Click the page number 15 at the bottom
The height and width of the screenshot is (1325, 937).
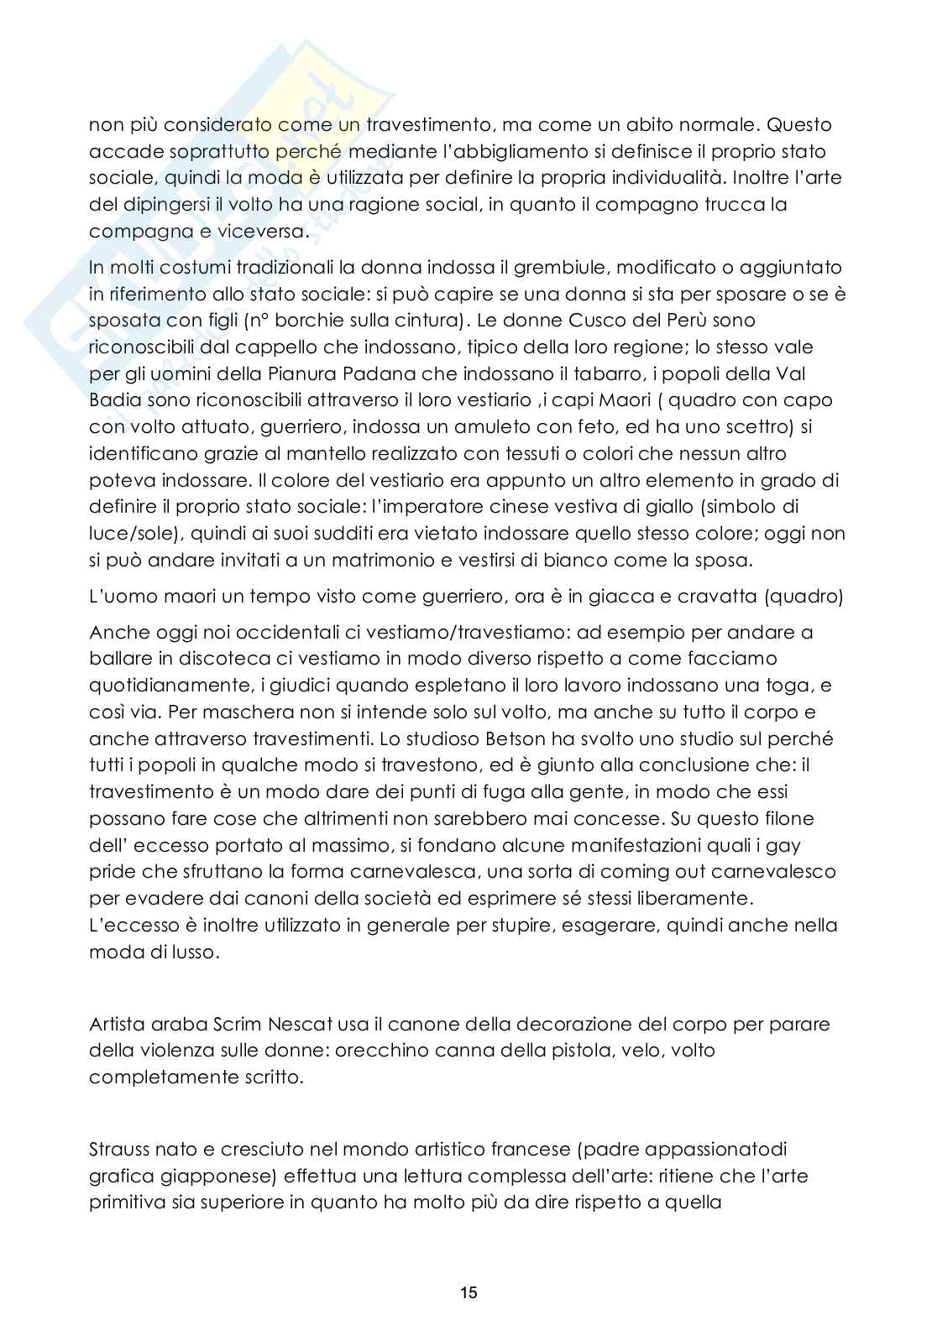[468, 1293]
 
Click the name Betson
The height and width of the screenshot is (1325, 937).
[489, 739]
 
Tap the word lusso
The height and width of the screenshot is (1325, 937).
[191, 952]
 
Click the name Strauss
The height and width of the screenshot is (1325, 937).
[118, 1149]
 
